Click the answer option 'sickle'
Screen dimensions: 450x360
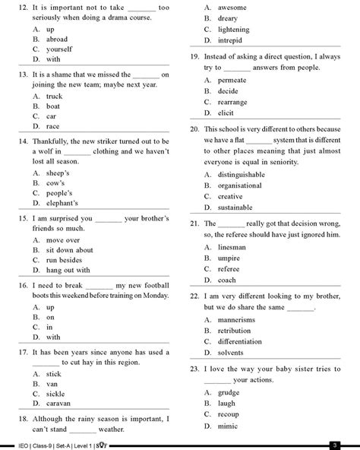tap(56, 395)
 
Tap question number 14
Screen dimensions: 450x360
tap(22, 142)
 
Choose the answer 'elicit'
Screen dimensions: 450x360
tap(226, 112)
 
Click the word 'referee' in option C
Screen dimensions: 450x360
tap(229, 268)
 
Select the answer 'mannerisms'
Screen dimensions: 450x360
tap(236, 320)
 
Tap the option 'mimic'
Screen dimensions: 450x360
tap(226, 428)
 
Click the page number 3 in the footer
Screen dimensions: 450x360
tap(333, 445)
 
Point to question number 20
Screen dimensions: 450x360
tap(194, 129)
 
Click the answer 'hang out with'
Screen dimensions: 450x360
tap(68, 270)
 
